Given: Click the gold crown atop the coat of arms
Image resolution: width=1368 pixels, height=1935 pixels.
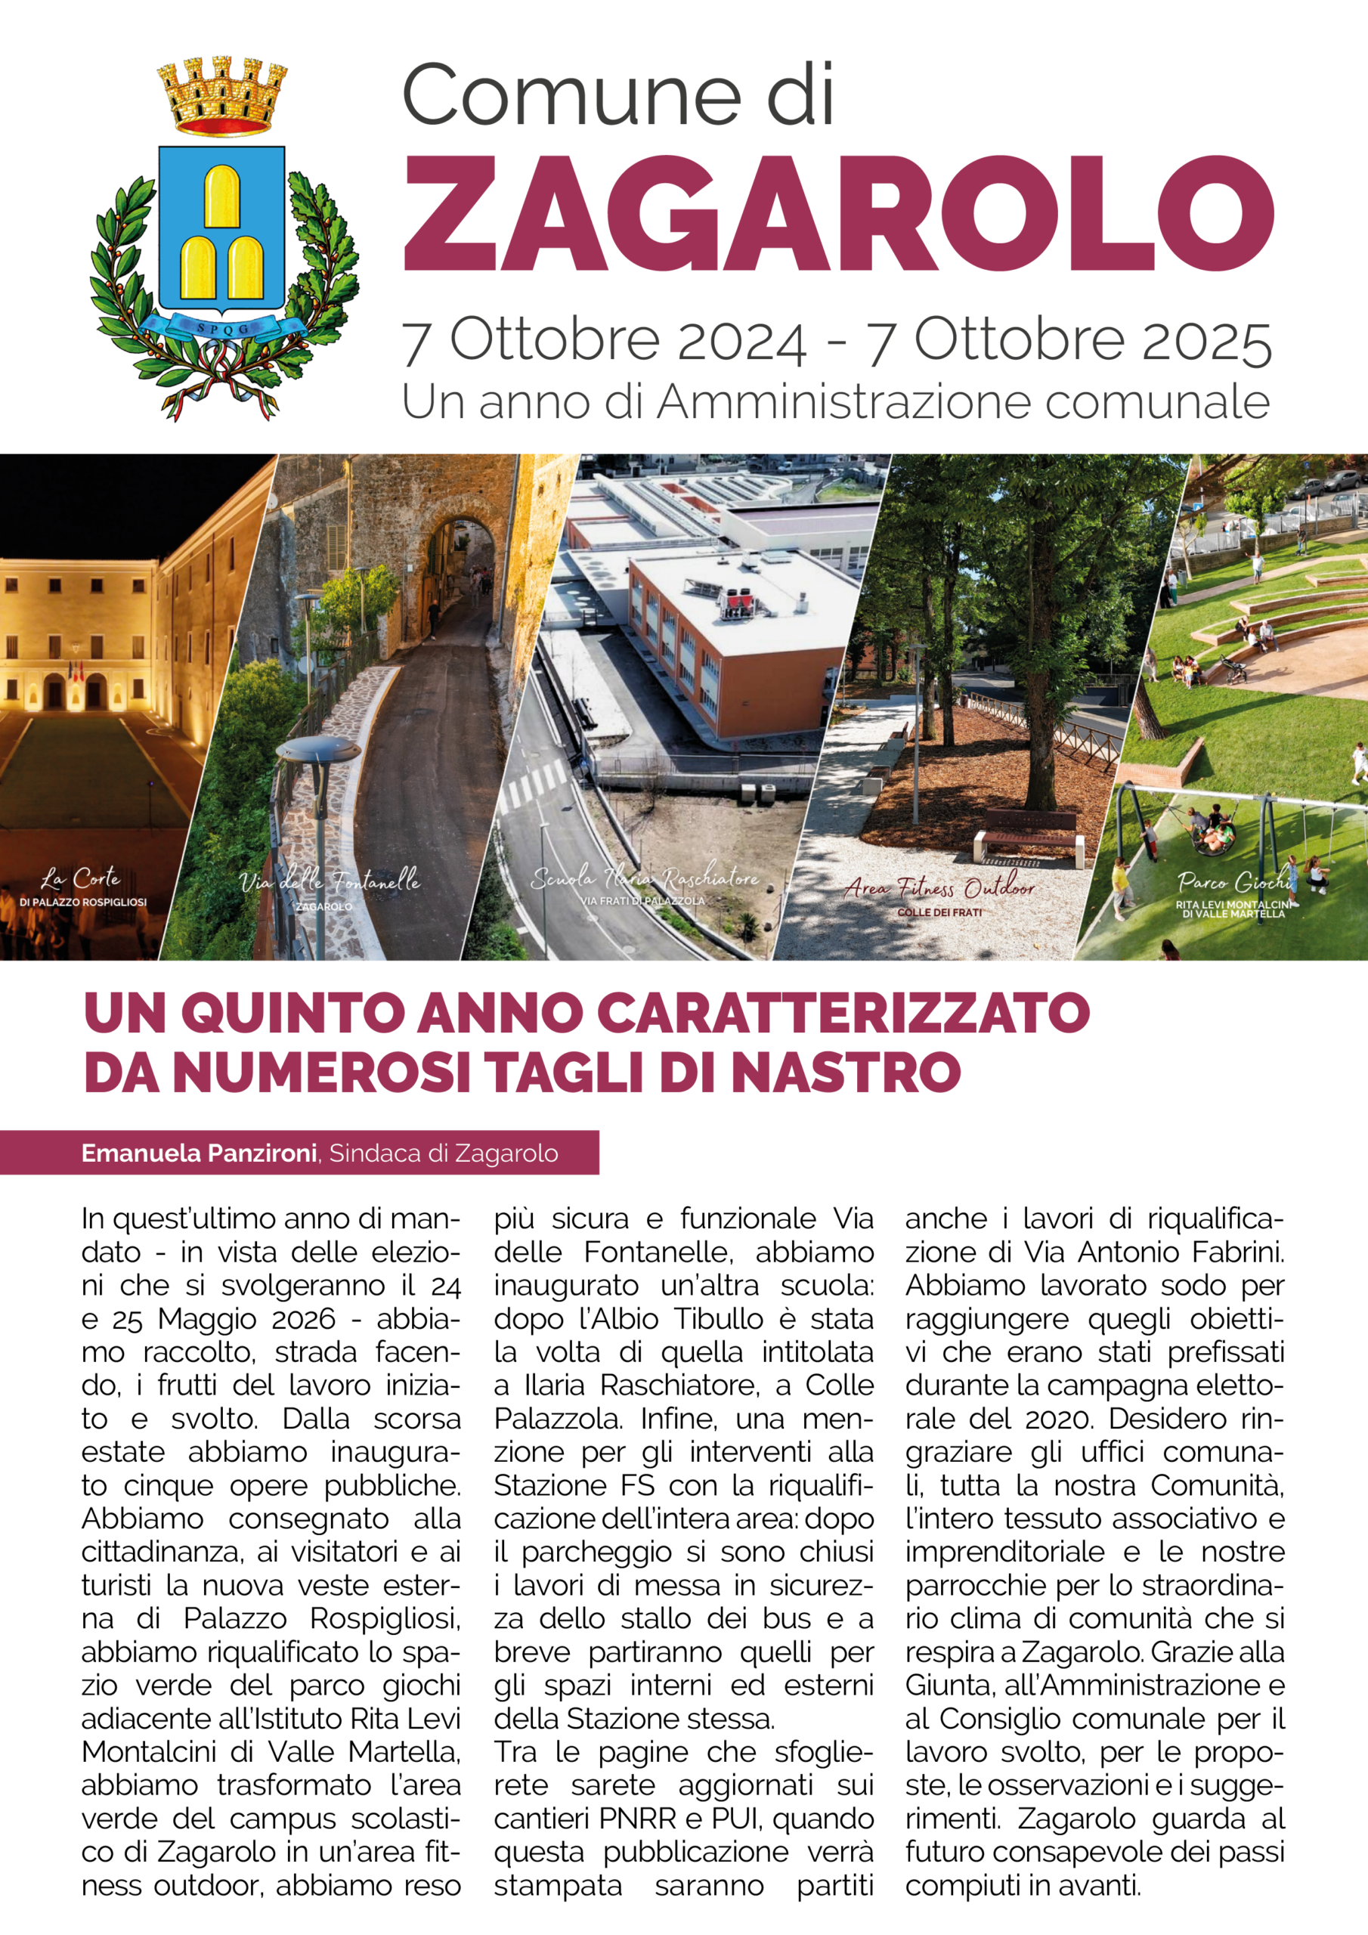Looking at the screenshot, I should [x=222, y=95].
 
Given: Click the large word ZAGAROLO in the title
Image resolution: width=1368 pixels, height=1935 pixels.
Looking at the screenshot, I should [x=838, y=212].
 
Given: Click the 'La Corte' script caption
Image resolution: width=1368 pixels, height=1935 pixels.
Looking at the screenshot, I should [x=81, y=878].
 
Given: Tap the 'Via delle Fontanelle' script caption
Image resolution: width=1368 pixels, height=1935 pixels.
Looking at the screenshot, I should [x=329, y=881].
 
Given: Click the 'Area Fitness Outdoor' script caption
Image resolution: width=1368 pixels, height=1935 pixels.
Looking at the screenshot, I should [x=939, y=887].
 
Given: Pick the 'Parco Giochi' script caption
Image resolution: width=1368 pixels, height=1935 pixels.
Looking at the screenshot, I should [x=1234, y=881].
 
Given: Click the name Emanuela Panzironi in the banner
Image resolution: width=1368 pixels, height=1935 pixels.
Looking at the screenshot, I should [x=199, y=1153].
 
